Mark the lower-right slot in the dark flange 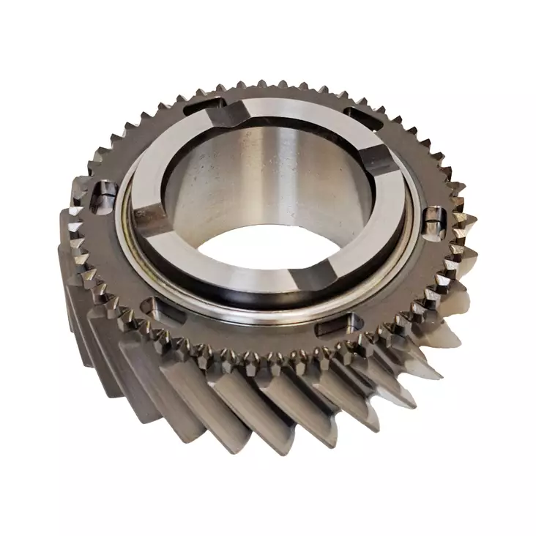click(344, 321)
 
